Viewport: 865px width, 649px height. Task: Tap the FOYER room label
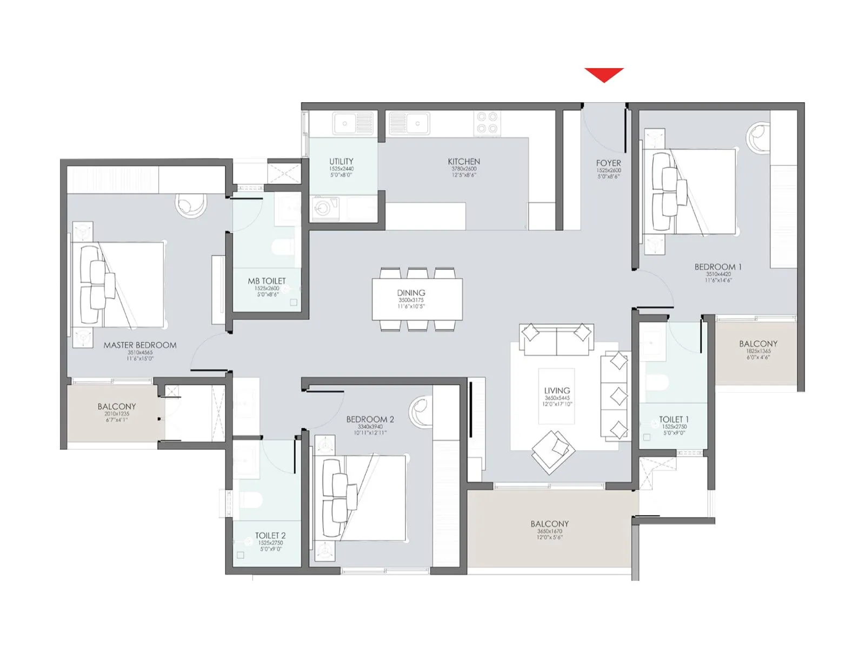click(608, 163)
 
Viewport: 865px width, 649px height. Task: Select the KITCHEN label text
click(464, 161)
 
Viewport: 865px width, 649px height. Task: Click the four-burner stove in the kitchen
click(487, 123)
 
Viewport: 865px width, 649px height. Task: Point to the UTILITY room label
click(341, 161)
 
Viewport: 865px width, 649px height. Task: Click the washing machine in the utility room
click(323, 208)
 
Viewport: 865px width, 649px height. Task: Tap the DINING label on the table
click(411, 293)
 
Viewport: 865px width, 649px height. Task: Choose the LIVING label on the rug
click(557, 390)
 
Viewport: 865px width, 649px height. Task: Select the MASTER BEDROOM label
click(140, 345)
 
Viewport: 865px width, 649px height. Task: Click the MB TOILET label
click(267, 281)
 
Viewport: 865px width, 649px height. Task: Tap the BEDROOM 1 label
click(718, 267)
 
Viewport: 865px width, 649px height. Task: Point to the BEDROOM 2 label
click(370, 419)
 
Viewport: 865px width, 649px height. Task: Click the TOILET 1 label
click(674, 419)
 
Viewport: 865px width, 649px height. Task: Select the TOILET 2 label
click(270, 535)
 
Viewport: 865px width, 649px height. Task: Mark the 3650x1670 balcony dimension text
click(549, 532)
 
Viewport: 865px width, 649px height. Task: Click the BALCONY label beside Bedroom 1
click(758, 343)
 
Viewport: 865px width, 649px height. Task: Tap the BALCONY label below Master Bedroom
click(117, 406)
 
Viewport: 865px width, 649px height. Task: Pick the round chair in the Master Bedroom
click(190, 205)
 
